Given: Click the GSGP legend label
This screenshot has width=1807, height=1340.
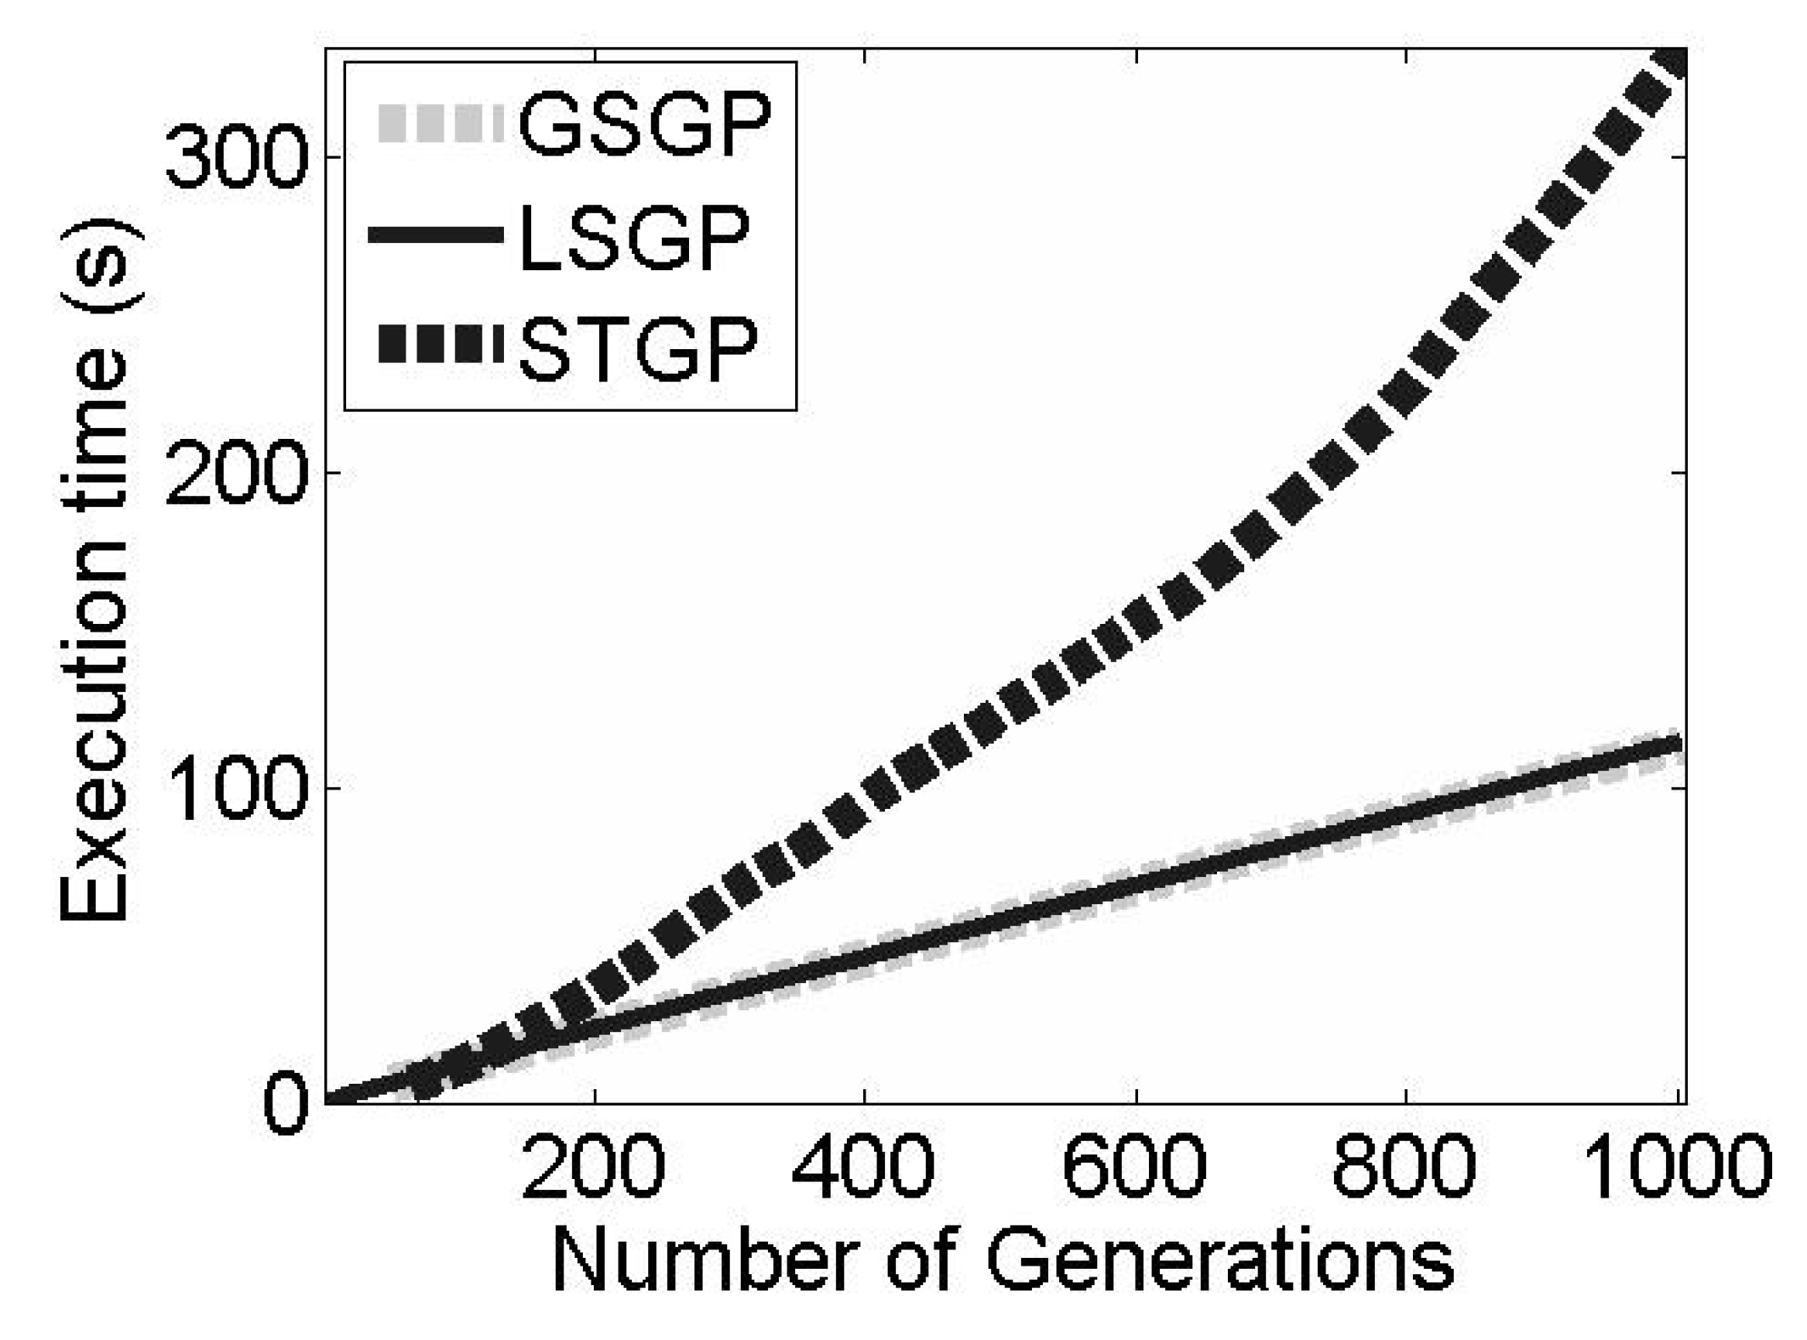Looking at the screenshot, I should pos(644,123).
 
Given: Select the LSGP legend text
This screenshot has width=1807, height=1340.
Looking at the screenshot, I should pos(633,236).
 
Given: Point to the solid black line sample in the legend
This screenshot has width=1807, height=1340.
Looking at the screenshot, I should pos(437,236).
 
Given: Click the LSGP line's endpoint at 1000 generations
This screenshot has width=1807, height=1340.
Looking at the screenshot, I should pos(1675,745).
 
